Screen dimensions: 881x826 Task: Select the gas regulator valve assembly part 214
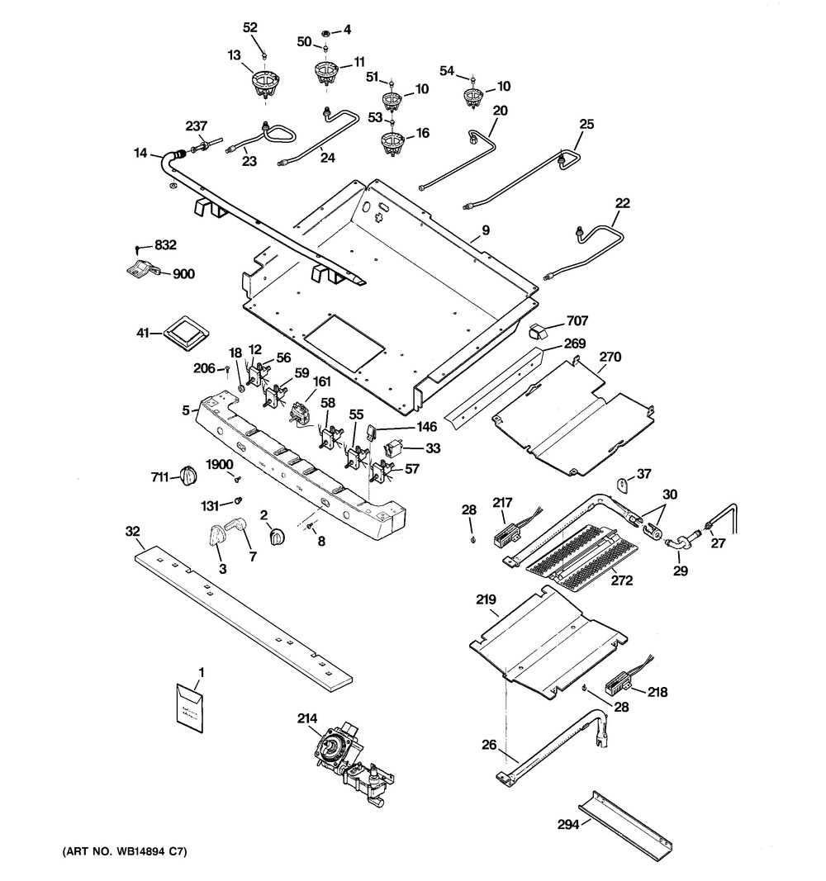(x=351, y=764)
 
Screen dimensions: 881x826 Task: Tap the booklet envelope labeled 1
(x=192, y=708)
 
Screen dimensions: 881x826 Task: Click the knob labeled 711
(x=189, y=476)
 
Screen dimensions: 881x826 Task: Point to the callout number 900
(x=183, y=274)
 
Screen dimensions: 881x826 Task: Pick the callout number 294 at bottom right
(x=567, y=822)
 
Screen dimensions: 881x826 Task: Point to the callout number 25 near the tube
(x=586, y=124)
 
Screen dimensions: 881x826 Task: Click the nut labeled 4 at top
(x=326, y=31)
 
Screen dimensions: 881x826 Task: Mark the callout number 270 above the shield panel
(x=610, y=358)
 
